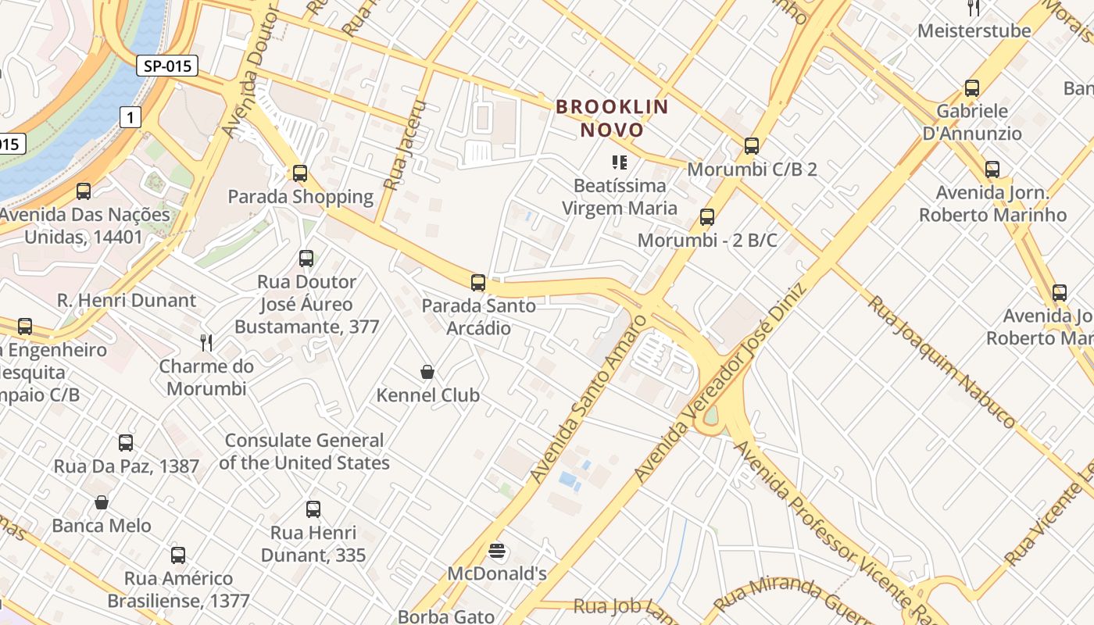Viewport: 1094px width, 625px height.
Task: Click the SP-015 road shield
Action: coord(167,66)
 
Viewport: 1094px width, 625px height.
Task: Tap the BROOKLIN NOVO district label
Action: coord(613,118)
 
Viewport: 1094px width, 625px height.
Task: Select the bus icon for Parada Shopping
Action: coord(300,173)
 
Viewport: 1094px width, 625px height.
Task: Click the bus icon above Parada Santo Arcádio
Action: coord(478,283)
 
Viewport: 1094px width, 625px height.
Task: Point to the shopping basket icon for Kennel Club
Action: coord(427,372)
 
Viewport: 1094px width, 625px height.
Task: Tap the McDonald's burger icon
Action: coord(496,551)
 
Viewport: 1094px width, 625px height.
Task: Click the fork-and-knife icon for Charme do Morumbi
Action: coord(206,342)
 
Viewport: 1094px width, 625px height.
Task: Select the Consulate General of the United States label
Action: coord(304,452)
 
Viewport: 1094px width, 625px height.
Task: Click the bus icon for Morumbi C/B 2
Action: coord(752,146)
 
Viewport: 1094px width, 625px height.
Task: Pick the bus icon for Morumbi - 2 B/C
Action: coord(707,217)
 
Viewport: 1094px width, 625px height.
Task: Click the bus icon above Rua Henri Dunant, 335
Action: coord(313,509)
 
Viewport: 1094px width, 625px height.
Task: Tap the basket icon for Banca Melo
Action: coord(101,502)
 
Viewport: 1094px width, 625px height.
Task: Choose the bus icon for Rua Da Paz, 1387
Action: coord(126,443)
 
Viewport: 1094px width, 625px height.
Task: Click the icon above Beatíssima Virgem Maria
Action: coord(620,162)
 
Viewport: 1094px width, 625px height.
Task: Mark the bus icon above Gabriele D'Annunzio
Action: coord(972,88)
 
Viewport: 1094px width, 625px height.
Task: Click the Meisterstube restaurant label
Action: coord(974,31)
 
